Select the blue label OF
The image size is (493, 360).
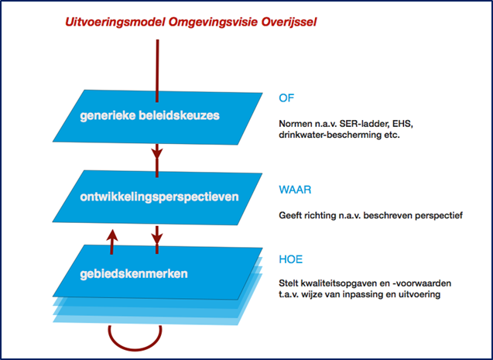click(286, 98)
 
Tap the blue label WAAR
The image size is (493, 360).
click(295, 190)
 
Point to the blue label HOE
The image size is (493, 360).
click(291, 259)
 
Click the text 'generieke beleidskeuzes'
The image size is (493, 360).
click(149, 115)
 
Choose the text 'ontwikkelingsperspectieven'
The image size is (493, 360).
click(159, 197)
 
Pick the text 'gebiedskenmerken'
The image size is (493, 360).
click(134, 274)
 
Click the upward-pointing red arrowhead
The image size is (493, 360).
click(111, 235)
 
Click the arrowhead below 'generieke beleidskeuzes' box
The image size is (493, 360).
click(157, 153)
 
